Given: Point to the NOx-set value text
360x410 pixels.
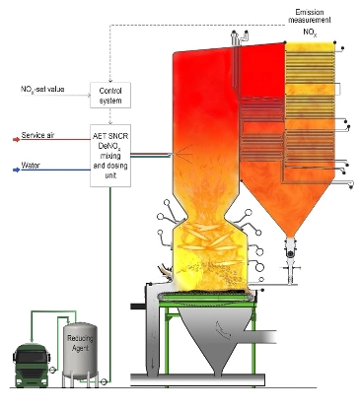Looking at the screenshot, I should pos(44,90).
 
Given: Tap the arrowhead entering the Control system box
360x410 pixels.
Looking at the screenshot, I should pos(110,80).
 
